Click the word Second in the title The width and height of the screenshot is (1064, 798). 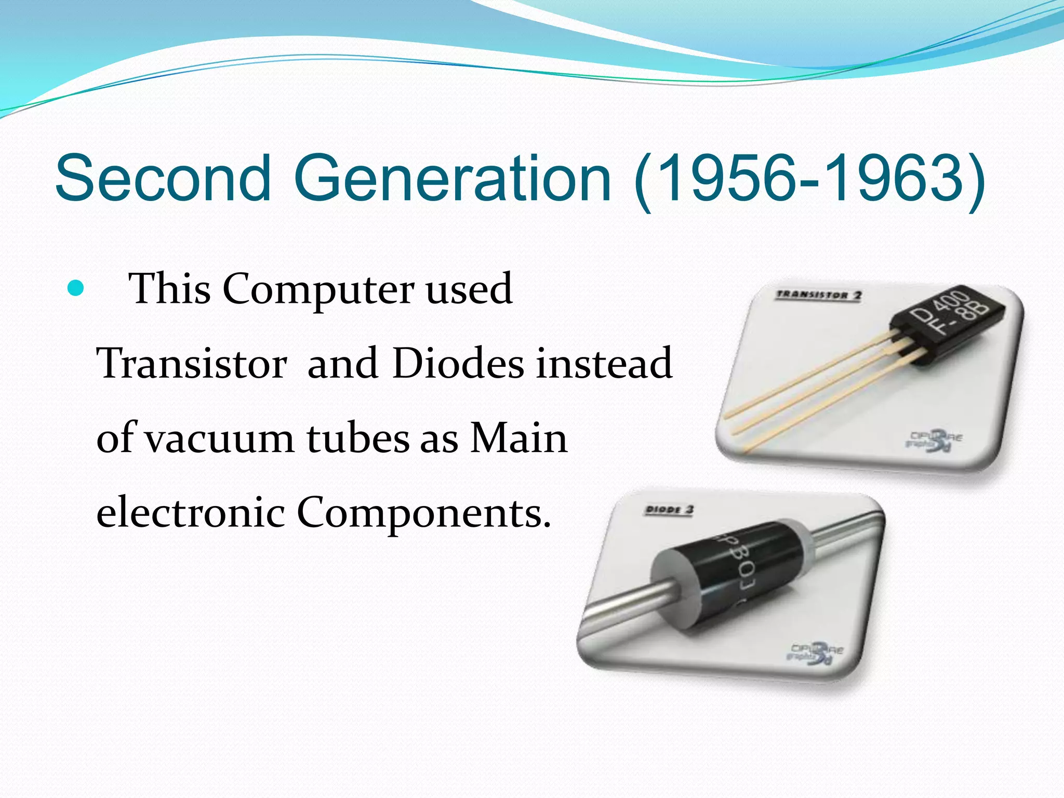(163, 178)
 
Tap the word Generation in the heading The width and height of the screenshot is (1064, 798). (452, 178)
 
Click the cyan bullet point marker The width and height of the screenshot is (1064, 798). (76, 288)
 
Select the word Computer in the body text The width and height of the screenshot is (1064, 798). (318, 290)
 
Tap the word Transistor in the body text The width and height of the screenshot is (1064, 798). (192, 363)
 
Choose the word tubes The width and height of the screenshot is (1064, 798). (358, 438)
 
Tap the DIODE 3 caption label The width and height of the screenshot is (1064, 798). (669, 510)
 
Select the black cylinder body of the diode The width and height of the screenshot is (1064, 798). (727, 577)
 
